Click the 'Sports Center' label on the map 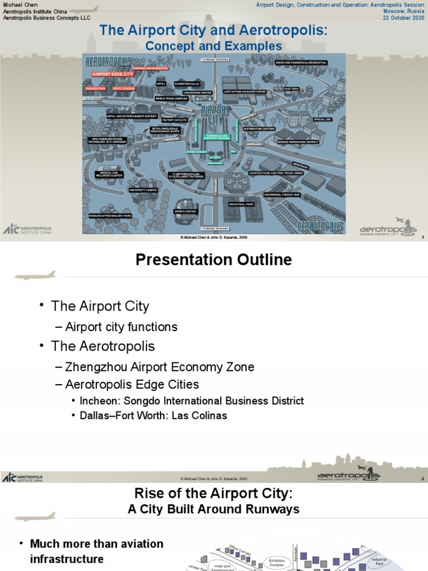click(185, 212)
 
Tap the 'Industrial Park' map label click(241, 204)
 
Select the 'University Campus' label click(143, 190)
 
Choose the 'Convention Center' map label click(197, 93)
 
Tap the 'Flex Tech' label click(291, 89)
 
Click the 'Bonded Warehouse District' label click(298, 142)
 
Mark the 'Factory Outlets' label click(174, 119)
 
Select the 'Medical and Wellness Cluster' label click(109, 174)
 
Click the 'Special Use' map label click(322, 119)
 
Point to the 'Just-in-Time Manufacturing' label click(244, 91)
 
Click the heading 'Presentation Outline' click(214, 260)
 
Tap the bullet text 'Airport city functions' click(121, 327)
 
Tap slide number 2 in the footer click(423, 479)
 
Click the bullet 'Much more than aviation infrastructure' click(96, 551)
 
